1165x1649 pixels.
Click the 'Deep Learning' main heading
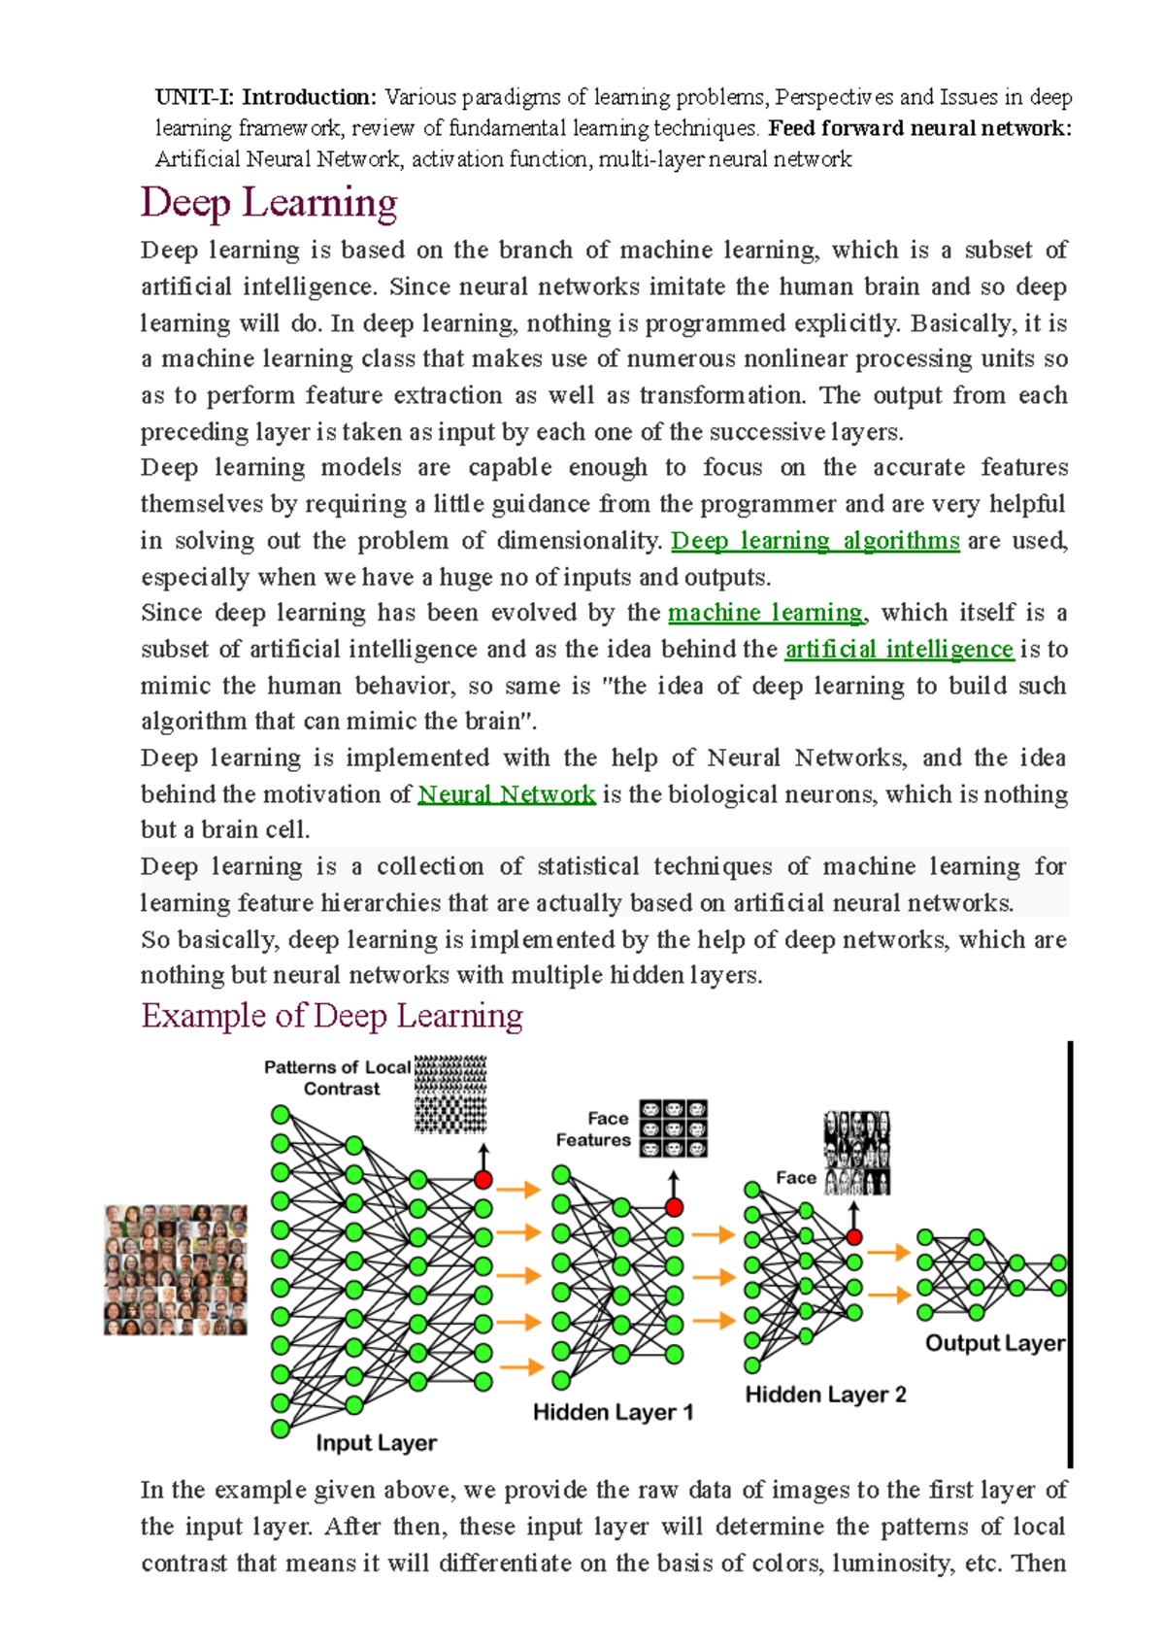pos(269,203)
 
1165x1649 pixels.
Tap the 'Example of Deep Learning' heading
pos(332,1016)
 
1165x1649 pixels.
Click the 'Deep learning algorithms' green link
pos(815,541)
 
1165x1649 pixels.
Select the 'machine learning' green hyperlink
pos(765,613)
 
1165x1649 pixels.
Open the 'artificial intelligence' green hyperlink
pos(898,649)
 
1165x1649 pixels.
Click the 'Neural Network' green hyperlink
pos(506,794)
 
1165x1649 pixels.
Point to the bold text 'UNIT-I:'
pos(194,97)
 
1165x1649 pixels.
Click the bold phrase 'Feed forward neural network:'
pos(919,128)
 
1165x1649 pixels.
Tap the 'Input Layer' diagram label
pos(376,1443)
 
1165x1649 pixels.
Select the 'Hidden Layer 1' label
pos(613,1412)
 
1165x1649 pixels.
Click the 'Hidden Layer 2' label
pos(825,1395)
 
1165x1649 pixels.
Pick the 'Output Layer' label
pos(994,1343)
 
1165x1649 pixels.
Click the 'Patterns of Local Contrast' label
pos(338,1078)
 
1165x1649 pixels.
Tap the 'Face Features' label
pos(594,1129)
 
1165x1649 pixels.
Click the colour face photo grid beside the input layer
pos(176,1270)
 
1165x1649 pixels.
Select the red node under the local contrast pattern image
pos(483,1180)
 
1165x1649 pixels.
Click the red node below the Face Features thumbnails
pos(674,1207)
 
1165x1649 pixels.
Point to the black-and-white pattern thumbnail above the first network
pos(449,1094)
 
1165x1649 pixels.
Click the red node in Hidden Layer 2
pos(853,1236)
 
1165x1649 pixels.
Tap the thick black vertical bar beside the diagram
pos(1070,1253)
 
